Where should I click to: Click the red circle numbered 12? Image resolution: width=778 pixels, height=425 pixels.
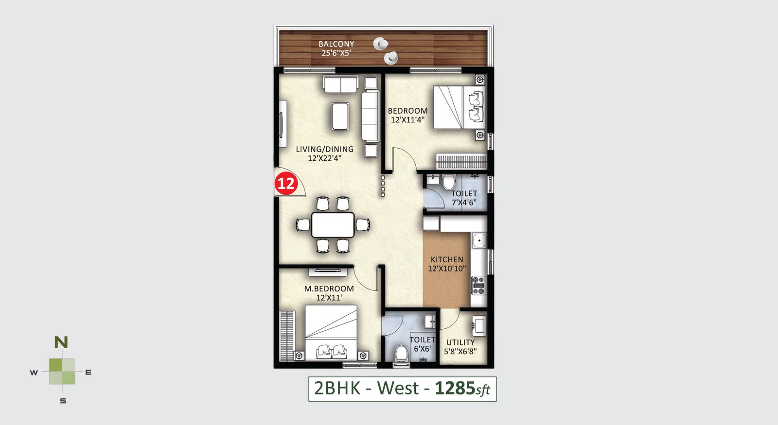pyautogui.click(x=286, y=183)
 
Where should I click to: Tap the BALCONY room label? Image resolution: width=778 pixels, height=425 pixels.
pyautogui.click(x=336, y=44)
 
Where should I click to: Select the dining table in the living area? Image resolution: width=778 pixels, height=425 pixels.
pyautogui.click(x=333, y=225)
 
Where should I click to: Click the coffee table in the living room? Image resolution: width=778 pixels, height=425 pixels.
pyautogui.click(x=340, y=116)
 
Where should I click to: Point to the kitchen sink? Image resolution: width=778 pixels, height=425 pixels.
pyautogui.click(x=479, y=240)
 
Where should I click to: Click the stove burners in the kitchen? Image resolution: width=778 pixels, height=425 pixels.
pyautogui.click(x=478, y=285)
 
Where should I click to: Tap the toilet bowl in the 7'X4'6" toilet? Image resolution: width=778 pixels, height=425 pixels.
pyautogui.click(x=448, y=182)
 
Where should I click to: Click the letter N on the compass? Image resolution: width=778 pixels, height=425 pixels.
pyautogui.click(x=61, y=342)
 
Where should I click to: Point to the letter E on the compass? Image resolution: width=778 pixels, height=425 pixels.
pyautogui.click(x=88, y=372)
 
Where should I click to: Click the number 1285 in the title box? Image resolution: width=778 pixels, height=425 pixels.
pyautogui.click(x=455, y=388)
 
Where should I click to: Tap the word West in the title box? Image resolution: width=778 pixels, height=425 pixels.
pyautogui.click(x=398, y=388)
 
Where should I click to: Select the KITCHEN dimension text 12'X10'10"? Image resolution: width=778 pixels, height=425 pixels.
pyautogui.click(x=447, y=269)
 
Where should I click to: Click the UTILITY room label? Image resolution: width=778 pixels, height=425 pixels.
pyautogui.click(x=460, y=342)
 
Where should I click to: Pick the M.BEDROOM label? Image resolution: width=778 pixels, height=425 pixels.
pyautogui.click(x=329, y=289)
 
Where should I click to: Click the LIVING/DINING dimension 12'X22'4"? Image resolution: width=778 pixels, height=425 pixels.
pyautogui.click(x=325, y=158)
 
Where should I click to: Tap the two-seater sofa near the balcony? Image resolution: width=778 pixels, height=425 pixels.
pyautogui.click(x=340, y=85)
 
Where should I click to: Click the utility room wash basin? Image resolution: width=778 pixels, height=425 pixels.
pyautogui.click(x=479, y=326)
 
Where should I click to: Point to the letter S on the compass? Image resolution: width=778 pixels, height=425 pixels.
pyautogui.click(x=63, y=401)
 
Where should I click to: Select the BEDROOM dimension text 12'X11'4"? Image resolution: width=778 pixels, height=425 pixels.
pyautogui.click(x=408, y=120)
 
